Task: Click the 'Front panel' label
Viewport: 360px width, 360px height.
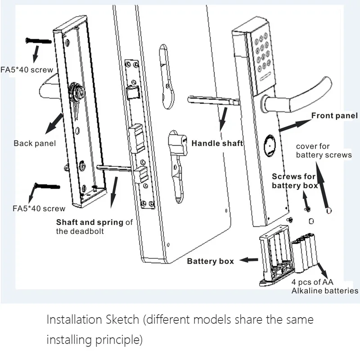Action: point(334,116)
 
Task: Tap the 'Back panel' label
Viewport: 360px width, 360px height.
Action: point(35,143)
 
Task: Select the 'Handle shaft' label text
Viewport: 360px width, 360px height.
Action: point(217,143)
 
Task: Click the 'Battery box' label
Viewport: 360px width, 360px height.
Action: point(210,261)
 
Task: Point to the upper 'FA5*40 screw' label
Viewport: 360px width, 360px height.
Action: point(27,70)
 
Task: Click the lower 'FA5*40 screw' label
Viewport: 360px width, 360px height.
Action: point(39,208)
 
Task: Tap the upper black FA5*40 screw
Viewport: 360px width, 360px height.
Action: point(39,41)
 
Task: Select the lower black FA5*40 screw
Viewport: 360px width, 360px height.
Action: point(47,185)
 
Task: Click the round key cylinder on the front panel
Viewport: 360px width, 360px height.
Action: point(270,146)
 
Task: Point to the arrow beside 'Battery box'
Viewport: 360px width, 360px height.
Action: point(249,260)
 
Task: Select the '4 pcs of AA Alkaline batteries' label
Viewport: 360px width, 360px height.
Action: point(324,286)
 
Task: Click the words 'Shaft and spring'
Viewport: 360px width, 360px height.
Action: point(90,222)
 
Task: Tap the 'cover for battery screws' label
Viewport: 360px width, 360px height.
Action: point(324,150)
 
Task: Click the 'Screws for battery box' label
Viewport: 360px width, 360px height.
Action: point(295,181)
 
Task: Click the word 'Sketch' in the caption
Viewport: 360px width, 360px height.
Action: point(122,319)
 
